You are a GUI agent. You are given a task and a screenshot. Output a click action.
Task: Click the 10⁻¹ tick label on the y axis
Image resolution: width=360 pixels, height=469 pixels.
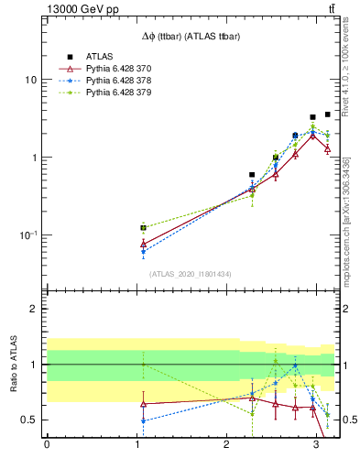(x=27, y=235)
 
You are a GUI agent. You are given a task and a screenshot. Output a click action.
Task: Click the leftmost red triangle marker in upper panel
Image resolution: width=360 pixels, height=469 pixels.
(x=143, y=244)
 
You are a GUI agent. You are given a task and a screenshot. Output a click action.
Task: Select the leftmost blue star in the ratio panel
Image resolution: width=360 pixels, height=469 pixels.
(x=143, y=420)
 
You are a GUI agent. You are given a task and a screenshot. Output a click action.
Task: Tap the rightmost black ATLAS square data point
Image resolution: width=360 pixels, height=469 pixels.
(x=328, y=115)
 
